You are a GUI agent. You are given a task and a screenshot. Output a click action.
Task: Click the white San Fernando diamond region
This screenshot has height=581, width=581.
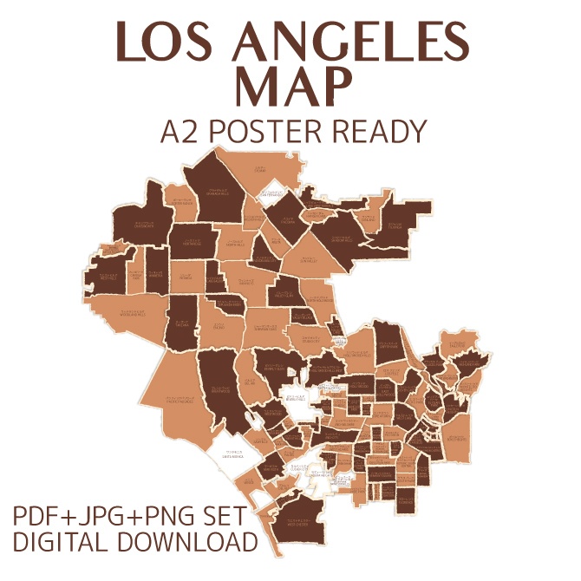276,194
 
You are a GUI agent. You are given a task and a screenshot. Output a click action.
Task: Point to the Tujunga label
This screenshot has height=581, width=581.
395,226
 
